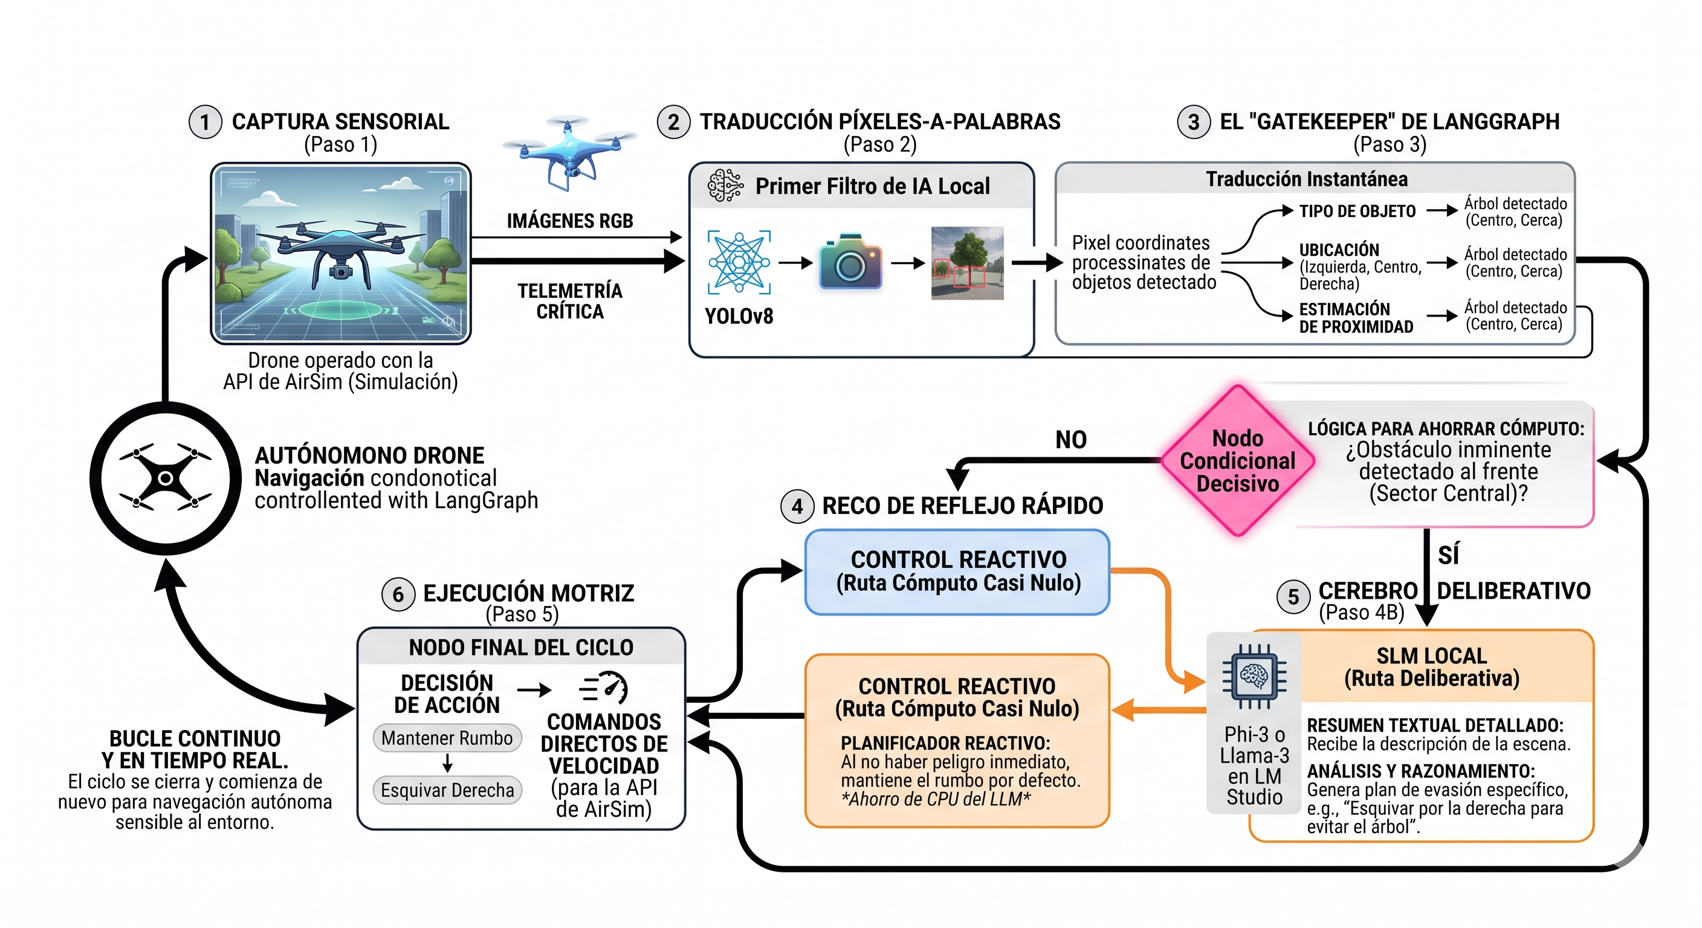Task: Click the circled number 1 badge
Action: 205,122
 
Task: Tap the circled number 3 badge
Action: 1193,122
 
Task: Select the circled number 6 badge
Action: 398,594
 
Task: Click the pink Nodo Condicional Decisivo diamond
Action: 1238,460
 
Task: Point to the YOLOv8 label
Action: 739,317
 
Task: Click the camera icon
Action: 850,262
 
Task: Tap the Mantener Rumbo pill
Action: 447,738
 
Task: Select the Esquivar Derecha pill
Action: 447,790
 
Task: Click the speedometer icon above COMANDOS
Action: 603,688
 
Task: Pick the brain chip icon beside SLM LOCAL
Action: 1254,675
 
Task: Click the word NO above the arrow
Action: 1071,439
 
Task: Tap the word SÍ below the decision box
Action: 1448,555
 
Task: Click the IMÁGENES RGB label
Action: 569,221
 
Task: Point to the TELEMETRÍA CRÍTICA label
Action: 569,301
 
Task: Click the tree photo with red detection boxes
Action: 967,263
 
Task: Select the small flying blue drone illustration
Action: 569,152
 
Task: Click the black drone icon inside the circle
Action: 166,477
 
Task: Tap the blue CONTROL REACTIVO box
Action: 957,572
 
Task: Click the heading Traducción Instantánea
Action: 1306,179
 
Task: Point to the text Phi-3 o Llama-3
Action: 1254,745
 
